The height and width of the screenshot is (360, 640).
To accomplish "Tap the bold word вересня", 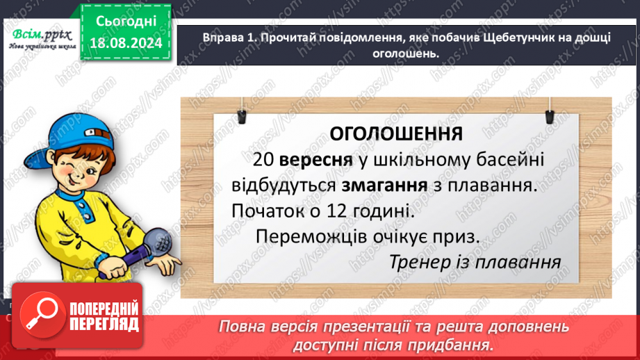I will click(311, 161).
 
